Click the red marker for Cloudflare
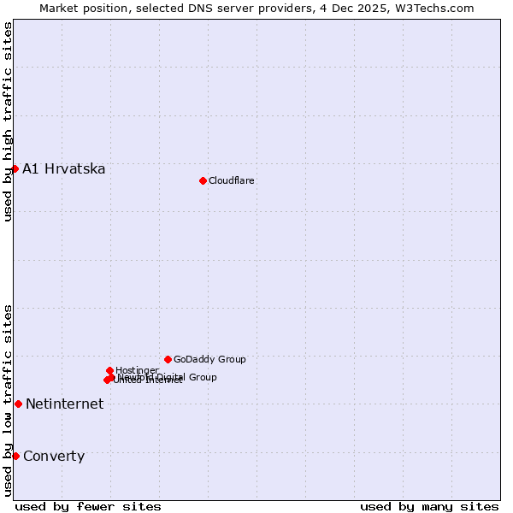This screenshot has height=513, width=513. click(203, 180)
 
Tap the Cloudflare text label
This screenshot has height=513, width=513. click(232, 180)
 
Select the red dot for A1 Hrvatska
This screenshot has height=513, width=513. click(15, 168)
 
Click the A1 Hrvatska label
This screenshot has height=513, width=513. click(64, 169)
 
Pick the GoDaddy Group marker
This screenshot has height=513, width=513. click(168, 359)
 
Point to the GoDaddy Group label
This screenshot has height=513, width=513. click(209, 360)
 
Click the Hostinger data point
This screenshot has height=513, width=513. click(109, 370)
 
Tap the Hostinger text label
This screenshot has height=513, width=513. click(137, 370)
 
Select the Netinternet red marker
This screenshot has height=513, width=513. click(18, 404)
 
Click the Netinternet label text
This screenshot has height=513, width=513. click(65, 404)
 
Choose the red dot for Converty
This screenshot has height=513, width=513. click(15, 456)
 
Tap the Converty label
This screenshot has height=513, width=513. click(54, 457)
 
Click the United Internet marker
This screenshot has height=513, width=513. click(107, 380)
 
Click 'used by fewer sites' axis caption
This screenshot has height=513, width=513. click(88, 506)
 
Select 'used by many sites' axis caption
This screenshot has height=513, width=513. click(429, 506)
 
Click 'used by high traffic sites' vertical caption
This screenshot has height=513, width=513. click(8, 121)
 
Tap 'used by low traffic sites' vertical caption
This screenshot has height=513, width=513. click(8, 399)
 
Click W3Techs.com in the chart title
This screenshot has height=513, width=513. click(434, 8)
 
